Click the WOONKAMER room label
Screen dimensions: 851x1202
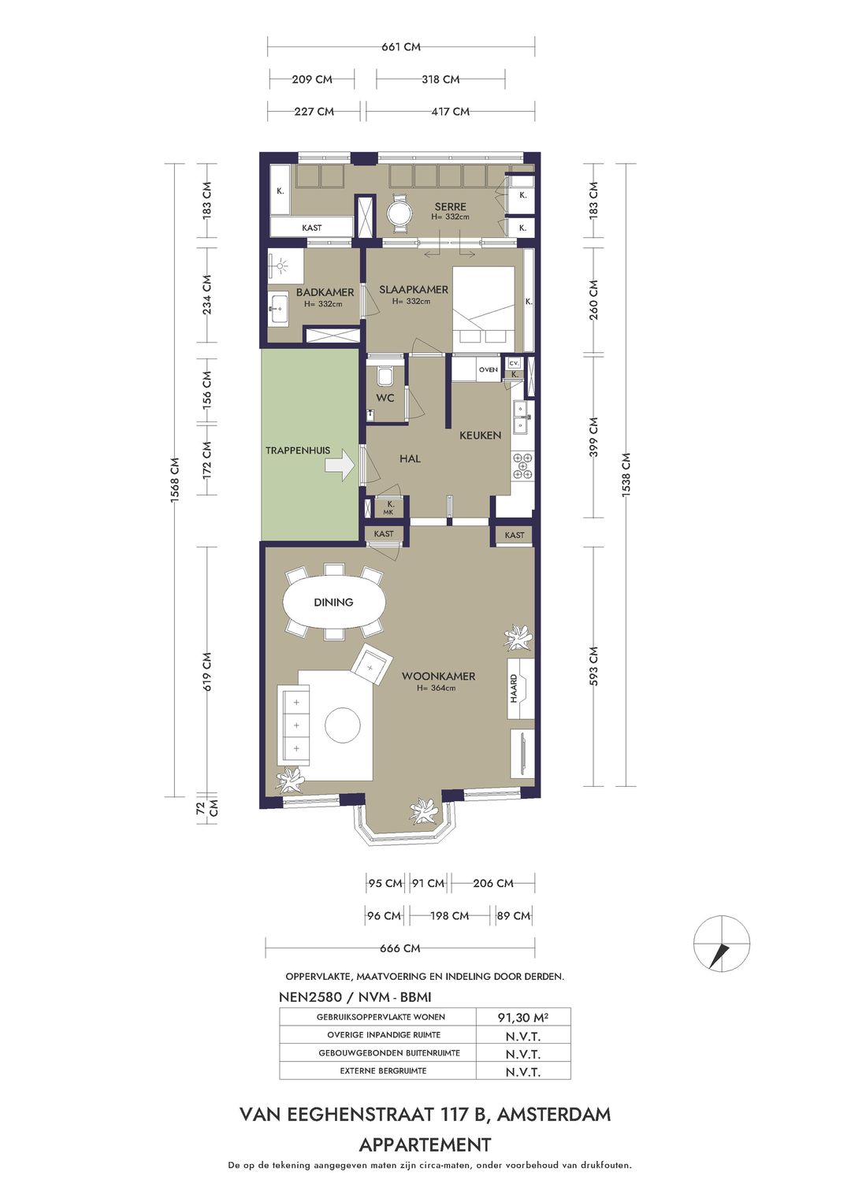[438, 676]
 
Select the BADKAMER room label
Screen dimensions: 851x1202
[325, 292]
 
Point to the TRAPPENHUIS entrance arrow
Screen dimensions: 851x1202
[340, 466]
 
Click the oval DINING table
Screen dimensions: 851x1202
[333, 602]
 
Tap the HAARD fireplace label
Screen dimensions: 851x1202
[514, 688]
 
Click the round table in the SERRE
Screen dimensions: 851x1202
[399, 212]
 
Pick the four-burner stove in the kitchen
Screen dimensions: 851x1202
[522, 465]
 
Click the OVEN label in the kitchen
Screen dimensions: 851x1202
[488, 369]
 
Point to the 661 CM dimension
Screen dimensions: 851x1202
[401, 46]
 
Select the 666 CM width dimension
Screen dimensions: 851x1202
[400, 948]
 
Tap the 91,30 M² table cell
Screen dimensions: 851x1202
[523, 1017]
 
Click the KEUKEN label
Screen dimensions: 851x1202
[480, 435]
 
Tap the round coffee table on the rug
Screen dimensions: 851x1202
[342, 725]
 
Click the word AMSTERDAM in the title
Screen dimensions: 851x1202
[554, 1115]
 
